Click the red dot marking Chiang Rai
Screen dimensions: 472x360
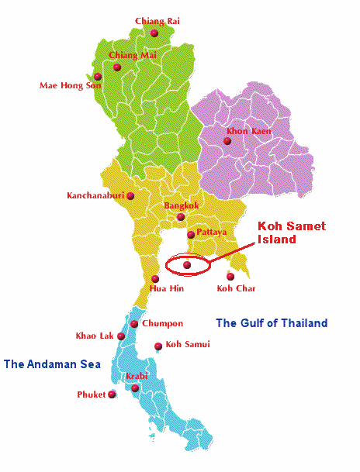pos(154,33)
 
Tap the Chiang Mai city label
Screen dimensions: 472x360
pos(129,55)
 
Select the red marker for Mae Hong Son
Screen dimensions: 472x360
pos(98,76)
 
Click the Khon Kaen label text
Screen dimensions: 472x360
pos(249,131)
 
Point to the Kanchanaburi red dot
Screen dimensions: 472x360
pos(130,196)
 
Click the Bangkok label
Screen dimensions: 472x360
pos(182,205)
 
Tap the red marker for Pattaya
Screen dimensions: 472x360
pos(191,234)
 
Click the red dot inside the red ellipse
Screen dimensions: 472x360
pos(186,265)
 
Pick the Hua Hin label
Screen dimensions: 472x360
pos(166,288)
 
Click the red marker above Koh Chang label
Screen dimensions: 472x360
pos(230,276)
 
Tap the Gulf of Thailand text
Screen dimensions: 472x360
pos(272,323)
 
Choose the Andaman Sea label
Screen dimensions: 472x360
pos(52,363)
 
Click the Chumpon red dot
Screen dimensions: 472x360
pos(134,324)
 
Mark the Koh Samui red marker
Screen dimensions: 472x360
pos(158,346)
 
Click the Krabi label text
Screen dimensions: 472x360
pos(137,376)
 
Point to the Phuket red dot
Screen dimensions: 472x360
pos(112,394)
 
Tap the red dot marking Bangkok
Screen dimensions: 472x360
pos(181,217)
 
